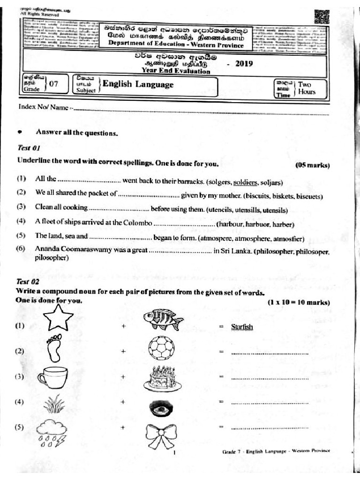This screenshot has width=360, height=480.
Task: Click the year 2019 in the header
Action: point(244,64)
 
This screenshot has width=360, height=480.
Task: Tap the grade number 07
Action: point(53,84)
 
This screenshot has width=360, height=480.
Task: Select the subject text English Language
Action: point(138,84)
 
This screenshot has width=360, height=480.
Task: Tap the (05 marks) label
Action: point(312,165)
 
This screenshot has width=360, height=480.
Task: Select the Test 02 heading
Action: point(28,282)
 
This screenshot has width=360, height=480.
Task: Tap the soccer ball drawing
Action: point(161,350)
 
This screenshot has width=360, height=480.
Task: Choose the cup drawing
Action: point(52,377)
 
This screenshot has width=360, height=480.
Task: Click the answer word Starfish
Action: point(242,327)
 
